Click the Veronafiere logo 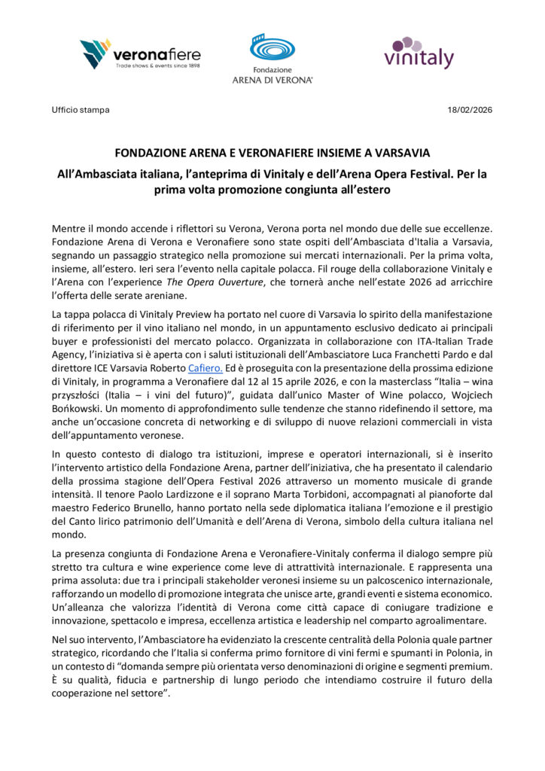pos(132,54)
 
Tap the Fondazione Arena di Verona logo pos(282,58)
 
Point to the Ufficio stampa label pos(81,110)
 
